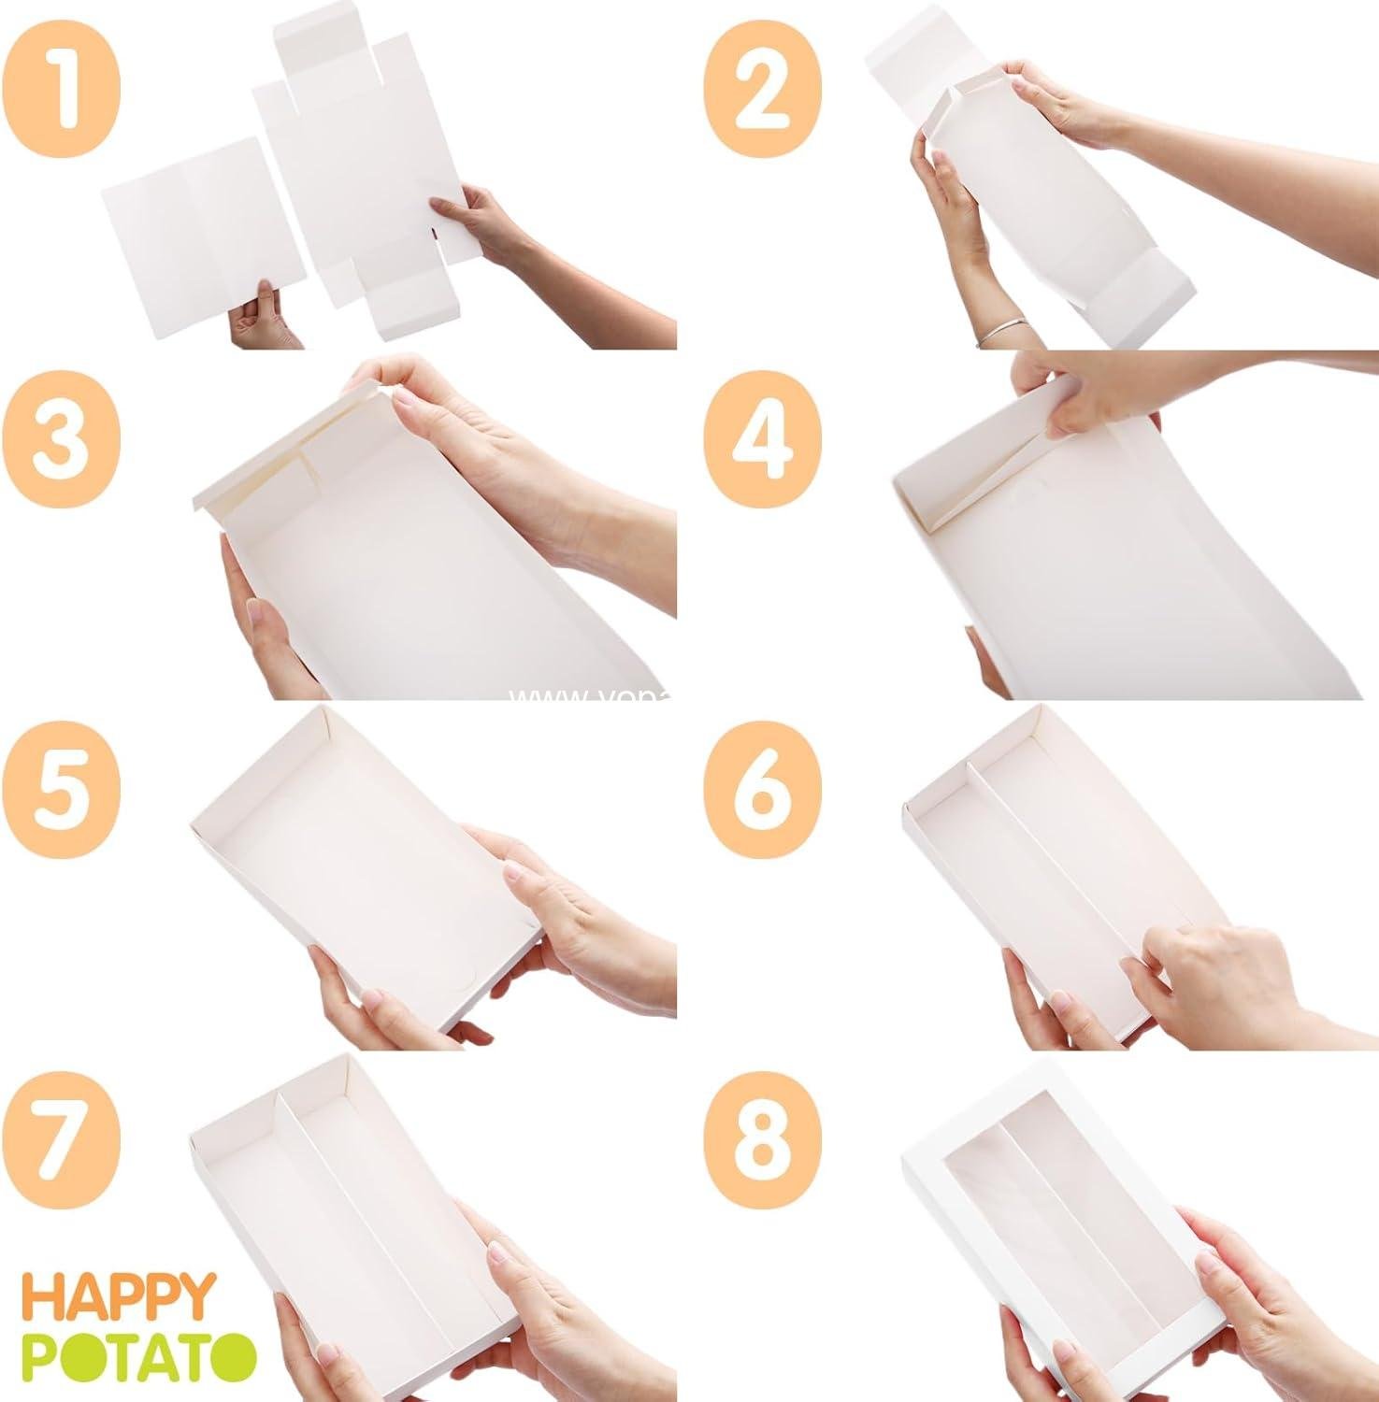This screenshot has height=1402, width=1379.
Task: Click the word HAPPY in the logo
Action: [119, 1297]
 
